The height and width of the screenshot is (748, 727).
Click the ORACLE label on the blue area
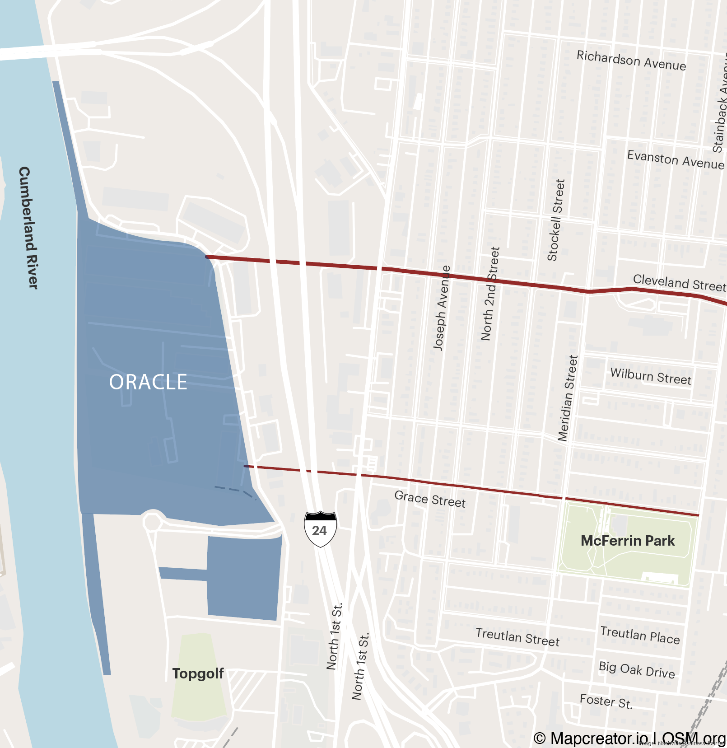(x=148, y=382)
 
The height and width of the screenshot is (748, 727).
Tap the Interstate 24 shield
(x=320, y=529)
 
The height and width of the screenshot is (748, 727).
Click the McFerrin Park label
(x=627, y=541)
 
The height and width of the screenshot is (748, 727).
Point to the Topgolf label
(x=198, y=673)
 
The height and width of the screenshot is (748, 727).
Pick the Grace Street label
(x=430, y=499)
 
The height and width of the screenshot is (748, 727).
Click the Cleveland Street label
(x=679, y=283)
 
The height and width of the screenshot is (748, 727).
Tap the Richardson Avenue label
(x=631, y=61)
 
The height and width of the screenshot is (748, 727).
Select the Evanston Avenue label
(x=676, y=160)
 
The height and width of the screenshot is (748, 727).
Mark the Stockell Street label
(x=556, y=220)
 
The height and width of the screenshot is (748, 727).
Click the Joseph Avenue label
(x=442, y=308)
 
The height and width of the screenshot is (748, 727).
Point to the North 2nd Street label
(x=490, y=294)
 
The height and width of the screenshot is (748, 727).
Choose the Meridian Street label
(x=568, y=398)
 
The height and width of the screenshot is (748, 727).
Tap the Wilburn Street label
(x=651, y=376)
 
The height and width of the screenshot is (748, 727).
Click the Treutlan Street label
(x=517, y=637)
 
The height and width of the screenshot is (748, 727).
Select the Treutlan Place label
(x=640, y=635)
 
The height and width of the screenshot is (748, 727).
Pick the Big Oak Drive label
(x=637, y=670)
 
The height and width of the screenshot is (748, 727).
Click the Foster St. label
(x=606, y=701)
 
